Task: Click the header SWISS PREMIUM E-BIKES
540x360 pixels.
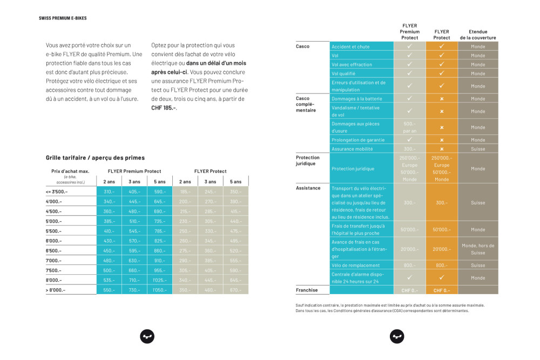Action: [x=63, y=18]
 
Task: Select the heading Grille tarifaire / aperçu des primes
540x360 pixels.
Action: [x=96, y=158]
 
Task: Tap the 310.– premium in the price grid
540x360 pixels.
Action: [x=109, y=192]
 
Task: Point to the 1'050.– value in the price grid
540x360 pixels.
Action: [x=159, y=290]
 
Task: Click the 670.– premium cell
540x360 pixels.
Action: [x=235, y=290]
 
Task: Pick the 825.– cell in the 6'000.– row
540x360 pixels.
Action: [x=159, y=241]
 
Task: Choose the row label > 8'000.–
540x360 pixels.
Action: [x=56, y=290]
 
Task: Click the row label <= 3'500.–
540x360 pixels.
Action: [x=57, y=192]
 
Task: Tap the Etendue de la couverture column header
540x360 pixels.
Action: [x=477, y=35]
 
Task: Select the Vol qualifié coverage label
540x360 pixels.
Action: [x=343, y=73]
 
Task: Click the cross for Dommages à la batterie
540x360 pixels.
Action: [x=442, y=99]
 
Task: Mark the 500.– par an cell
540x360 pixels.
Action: [x=409, y=127]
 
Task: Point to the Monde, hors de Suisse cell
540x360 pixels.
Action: [x=478, y=249]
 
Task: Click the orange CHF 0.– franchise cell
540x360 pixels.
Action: [x=442, y=290]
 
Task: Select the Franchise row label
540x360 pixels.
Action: [x=306, y=290]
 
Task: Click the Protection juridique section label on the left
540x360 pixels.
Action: [x=308, y=161]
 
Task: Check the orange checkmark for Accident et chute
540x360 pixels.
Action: [x=442, y=46]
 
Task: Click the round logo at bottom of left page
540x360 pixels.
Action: [x=147, y=336]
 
